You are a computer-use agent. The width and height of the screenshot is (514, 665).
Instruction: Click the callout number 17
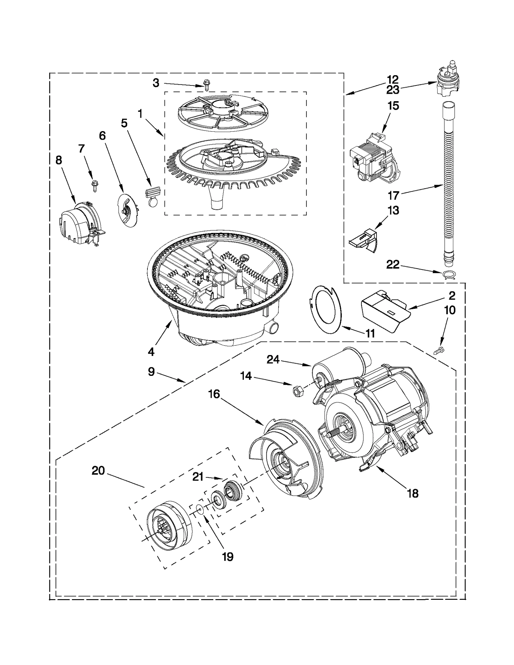point(393,195)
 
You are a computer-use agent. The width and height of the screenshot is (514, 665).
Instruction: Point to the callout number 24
point(273,360)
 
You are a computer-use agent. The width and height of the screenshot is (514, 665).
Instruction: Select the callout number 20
point(98,471)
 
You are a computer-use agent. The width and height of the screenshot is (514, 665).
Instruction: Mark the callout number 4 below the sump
point(151,351)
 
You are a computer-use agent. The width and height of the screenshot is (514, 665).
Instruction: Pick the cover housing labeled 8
point(79,222)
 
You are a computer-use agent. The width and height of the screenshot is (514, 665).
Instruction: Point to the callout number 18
point(413,493)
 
